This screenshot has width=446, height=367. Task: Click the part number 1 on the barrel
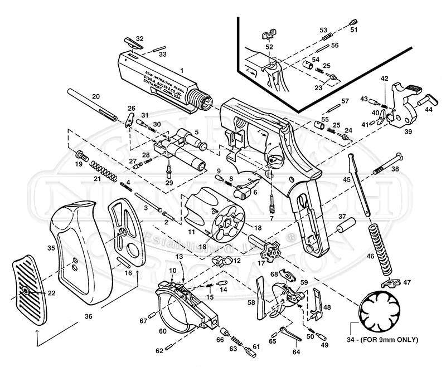(181, 71)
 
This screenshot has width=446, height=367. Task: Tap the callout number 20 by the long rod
(96, 96)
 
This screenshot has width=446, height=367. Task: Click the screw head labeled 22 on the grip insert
(27, 291)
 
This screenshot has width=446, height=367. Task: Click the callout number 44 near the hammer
(429, 110)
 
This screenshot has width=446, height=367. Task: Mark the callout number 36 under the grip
(88, 316)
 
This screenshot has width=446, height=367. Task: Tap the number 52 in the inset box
(269, 47)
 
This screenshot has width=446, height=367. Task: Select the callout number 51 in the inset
(353, 30)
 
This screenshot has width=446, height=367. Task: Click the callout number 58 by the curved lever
(251, 302)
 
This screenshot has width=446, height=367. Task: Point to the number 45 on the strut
(347, 179)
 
